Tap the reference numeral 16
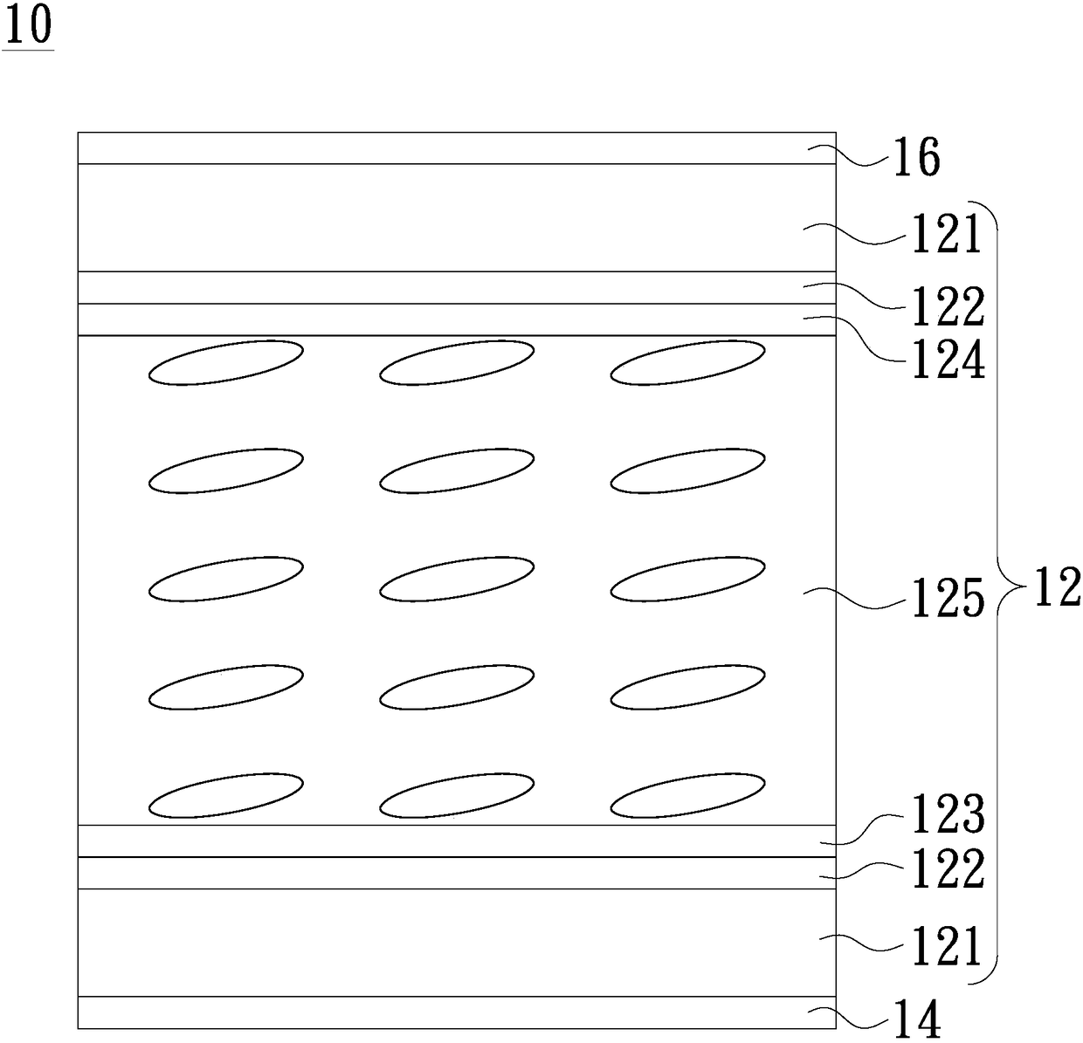916,159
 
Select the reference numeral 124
948,360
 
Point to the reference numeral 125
948,599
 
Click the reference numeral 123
948,813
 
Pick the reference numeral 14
916,1019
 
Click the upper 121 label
948,236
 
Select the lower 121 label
948,947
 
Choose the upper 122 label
948,305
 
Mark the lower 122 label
948,869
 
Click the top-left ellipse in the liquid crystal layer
226,362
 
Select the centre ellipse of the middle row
457,579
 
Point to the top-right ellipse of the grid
687,362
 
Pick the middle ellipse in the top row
457,362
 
